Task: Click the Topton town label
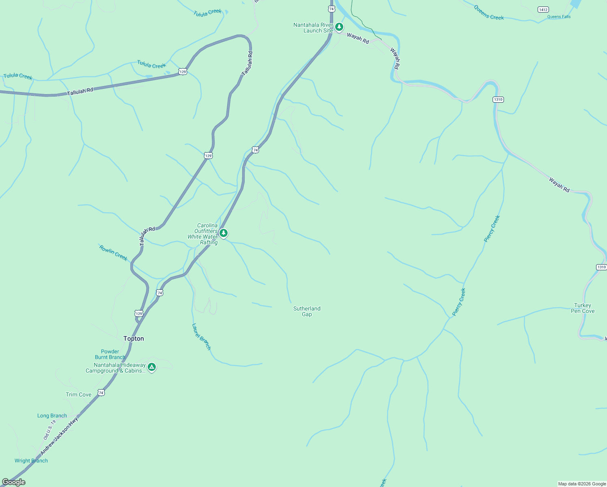(133, 338)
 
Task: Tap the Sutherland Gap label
(307, 311)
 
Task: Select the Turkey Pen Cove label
(583, 308)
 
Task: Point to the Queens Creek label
(489, 13)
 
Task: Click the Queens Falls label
(559, 17)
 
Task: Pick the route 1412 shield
(543, 9)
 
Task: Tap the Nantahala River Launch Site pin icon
(339, 27)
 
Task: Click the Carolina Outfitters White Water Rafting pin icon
(224, 233)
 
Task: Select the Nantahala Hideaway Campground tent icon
(152, 367)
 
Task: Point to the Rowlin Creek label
(113, 253)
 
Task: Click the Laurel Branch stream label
(201, 336)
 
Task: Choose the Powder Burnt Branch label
(110, 354)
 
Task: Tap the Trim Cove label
(79, 394)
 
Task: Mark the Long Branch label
(52, 416)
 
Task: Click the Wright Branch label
(31, 461)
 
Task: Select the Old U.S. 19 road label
(50, 430)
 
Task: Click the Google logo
(14, 482)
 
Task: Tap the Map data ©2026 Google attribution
(582, 484)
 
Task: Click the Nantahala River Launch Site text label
(313, 28)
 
